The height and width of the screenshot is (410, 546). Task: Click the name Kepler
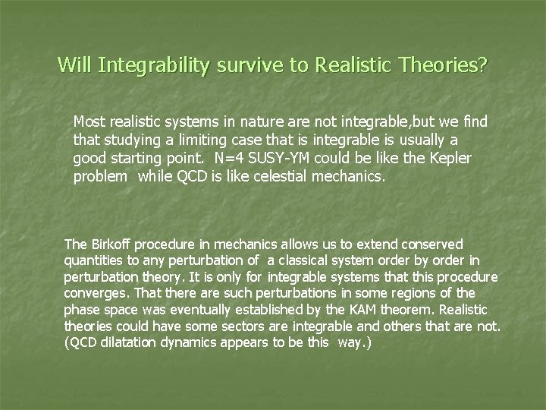pyautogui.click(x=450, y=159)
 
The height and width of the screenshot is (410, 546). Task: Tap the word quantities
pyautogui.click(x=92, y=260)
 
